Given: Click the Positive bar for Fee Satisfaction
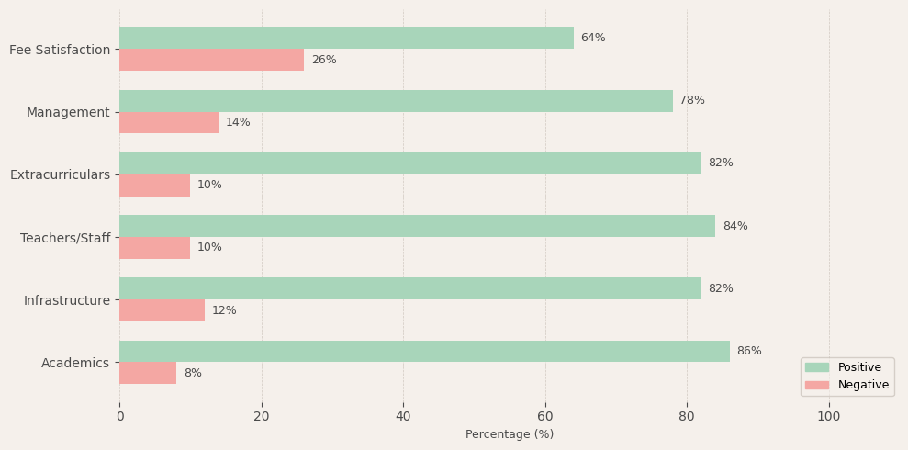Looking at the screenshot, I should click(x=346, y=38).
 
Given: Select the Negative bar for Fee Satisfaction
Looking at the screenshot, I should click(x=211, y=60).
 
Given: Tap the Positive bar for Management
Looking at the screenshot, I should click(x=396, y=101).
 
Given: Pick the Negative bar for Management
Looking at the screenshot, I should click(x=169, y=122).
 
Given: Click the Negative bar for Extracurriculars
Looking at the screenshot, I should click(x=154, y=186).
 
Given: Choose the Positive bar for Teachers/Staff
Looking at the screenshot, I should click(x=417, y=226).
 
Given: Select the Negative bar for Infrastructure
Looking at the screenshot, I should click(x=162, y=310).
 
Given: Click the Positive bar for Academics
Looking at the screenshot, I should click(x=424, y=351).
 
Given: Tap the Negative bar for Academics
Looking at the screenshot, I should click(x=148, y=373).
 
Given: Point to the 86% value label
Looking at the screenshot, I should click(x=749, y=351).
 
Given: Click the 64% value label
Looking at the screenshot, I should click(x=593, y=38).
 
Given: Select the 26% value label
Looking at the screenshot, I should click(x=324, y=60).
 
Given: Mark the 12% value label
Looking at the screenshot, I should click(x=224, y=310).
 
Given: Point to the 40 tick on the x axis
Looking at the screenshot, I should click(x=403, y=416).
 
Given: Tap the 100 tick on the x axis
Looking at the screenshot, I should click(x=829, y=416).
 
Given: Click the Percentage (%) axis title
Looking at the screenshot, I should click(x=510, y=434).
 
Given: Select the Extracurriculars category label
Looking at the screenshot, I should click(x=60, y=174).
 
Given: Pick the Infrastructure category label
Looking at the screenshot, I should click(x=67, y=300).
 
